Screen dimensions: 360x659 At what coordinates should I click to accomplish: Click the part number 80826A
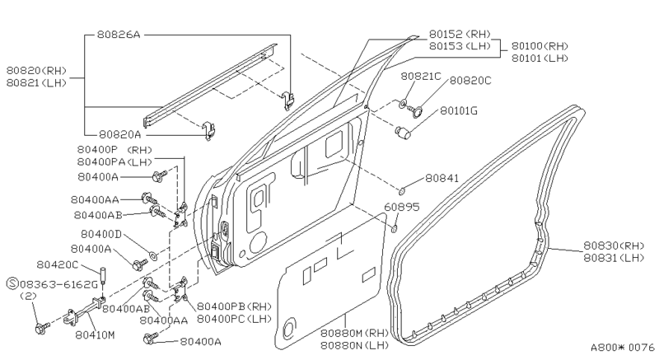point(119,35)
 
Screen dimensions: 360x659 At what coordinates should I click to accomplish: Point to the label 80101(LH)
point(539,58)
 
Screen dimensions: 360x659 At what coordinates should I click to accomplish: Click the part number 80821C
point(421,76)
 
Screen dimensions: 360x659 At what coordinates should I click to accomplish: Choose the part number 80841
point(442,177)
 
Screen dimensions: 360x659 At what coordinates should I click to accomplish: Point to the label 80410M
point(94,336)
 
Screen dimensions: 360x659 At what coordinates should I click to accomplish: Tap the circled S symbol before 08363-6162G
point(12,283)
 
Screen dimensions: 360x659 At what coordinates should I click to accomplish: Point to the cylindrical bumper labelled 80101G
point(403,131)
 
